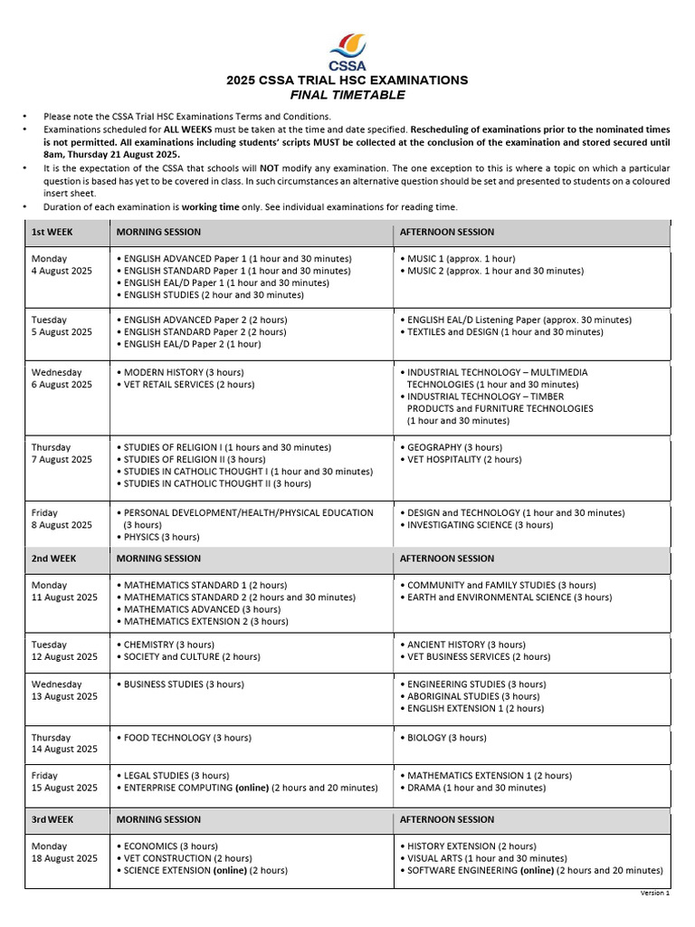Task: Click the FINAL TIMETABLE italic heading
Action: [347, 95]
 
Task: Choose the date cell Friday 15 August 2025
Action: [64, 782]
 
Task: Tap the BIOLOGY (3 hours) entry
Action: [446, 738]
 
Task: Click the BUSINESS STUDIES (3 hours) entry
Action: [184, 684]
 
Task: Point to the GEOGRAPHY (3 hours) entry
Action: [451, 447]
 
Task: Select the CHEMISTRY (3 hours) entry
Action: [169, 645]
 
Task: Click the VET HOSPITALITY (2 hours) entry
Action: [464, 459]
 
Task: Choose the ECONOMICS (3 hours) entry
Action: [171, 846]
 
